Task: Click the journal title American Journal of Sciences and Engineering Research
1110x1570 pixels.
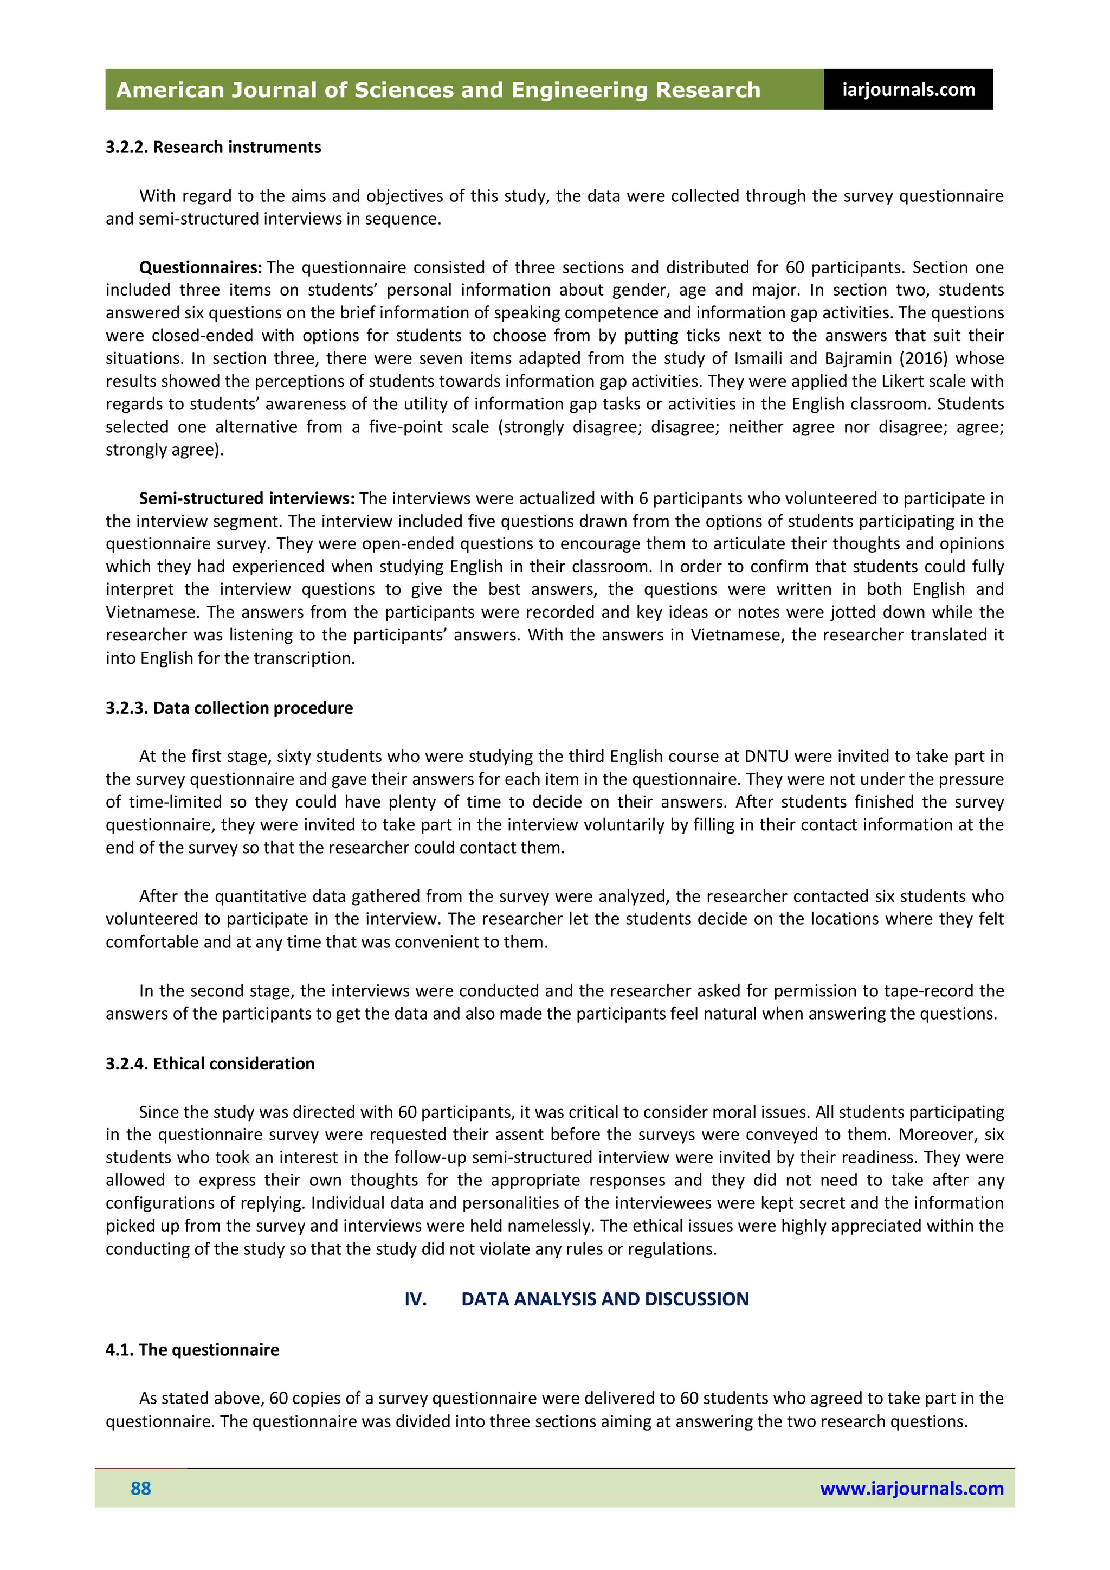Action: coord(437,89)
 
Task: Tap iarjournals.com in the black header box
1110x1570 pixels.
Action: coord(908,89)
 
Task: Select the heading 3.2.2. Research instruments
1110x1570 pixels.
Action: coord(213,147)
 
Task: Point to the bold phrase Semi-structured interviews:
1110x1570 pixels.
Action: coord(246,498)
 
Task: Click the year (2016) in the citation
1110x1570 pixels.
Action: coord(924,358)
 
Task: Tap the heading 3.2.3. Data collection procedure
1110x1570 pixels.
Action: coord(229,708)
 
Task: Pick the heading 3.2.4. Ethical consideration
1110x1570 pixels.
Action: coord(210,1063)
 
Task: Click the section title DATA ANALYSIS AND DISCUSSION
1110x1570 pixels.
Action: coord(604,1299)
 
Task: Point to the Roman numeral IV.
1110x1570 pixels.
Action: coord(416,1299)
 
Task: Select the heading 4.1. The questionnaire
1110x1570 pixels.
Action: coord(192,1350)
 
